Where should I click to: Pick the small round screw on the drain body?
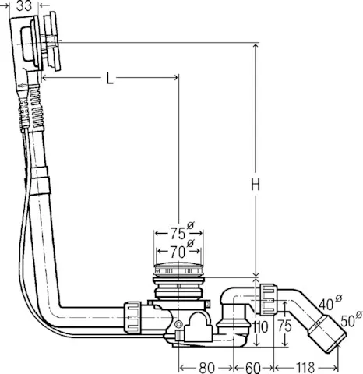[x=179, y=323]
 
